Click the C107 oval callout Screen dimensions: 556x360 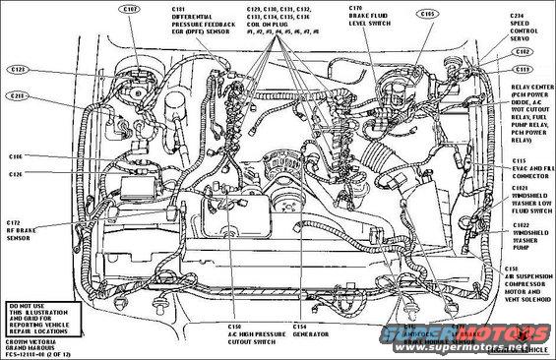tap(130, 10)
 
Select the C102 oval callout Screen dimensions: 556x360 tap(523, 51)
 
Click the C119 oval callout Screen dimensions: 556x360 tap(523, 71)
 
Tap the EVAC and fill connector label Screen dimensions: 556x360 tap(529, 166)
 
